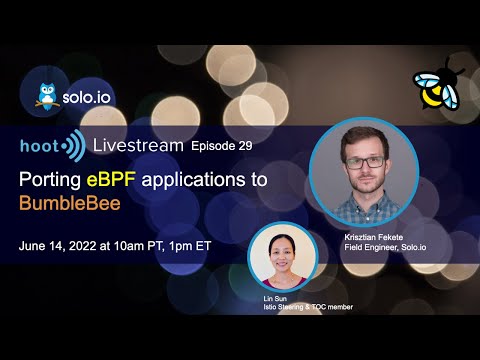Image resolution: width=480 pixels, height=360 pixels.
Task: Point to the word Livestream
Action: (x=136, y=146)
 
